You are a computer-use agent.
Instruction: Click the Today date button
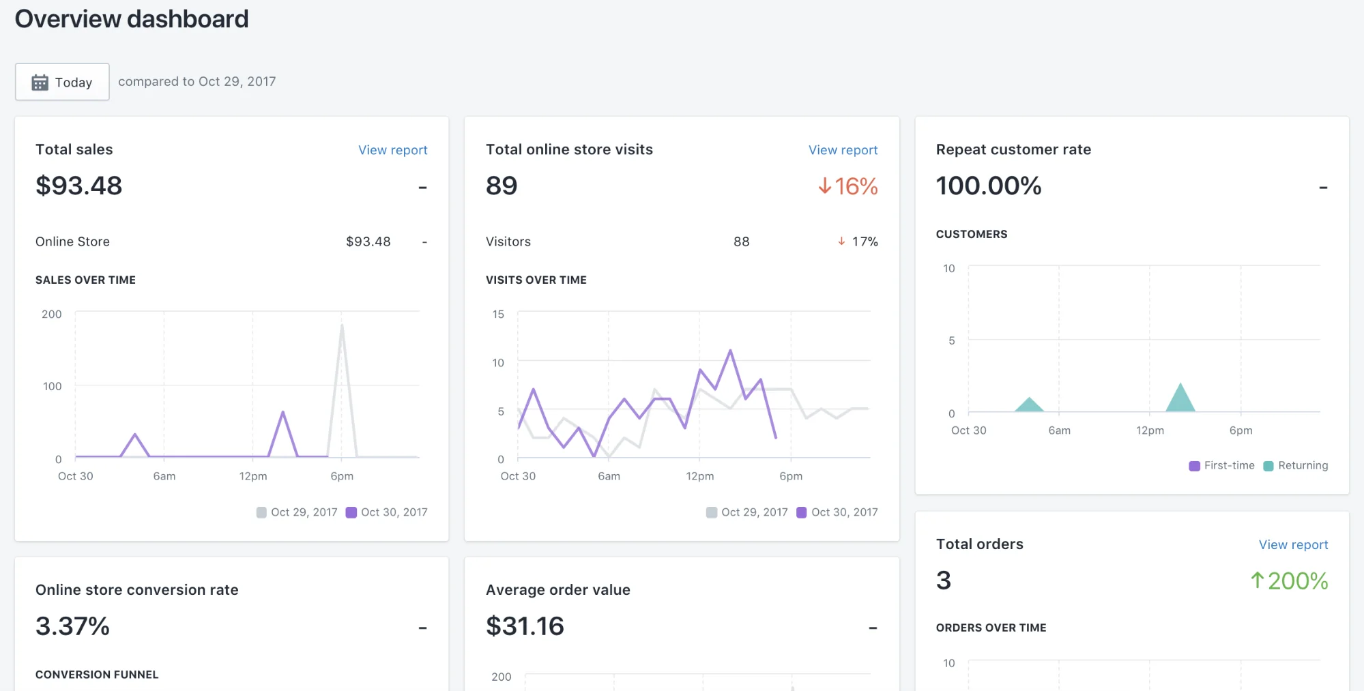pos(62,82)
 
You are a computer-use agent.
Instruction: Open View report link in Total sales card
pos(392,150)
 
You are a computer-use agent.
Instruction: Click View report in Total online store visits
pos(843,150)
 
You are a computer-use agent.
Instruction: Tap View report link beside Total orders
pos(1293,545)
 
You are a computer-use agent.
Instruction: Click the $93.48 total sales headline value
pos(79,186)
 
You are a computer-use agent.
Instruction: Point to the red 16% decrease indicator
pos(848,186)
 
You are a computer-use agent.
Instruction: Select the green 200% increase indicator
pos(1289,581)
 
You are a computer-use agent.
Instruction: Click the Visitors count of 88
pos(741,241)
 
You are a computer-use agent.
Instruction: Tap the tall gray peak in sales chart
pos(342,327)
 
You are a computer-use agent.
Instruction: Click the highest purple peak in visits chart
pos(730,351)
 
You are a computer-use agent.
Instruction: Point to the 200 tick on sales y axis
pos(52,314)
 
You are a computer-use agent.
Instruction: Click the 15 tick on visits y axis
pos(498,314)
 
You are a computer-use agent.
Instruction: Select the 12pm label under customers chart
pos(1150,430)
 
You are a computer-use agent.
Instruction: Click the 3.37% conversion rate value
pos(73,626)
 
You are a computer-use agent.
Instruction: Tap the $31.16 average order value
pos(525,626)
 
